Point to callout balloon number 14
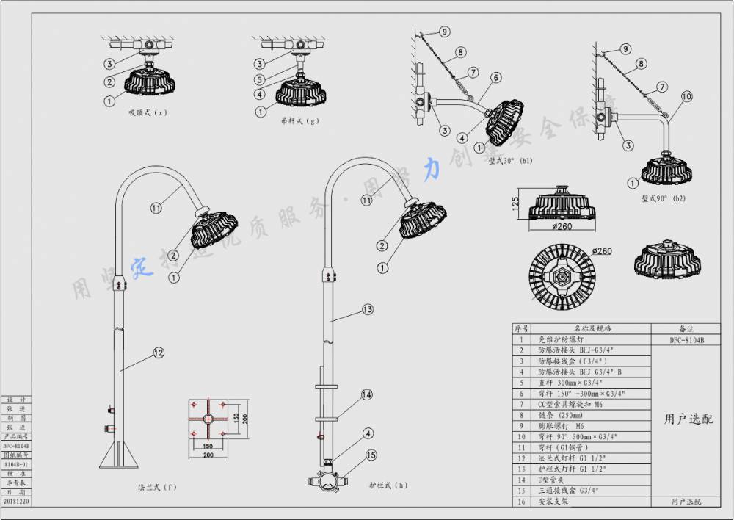pos(366,394)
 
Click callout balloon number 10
pos(686,96)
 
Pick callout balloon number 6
pos(496,77)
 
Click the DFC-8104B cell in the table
pos(687,340)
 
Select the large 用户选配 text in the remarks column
pos(688,419)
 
